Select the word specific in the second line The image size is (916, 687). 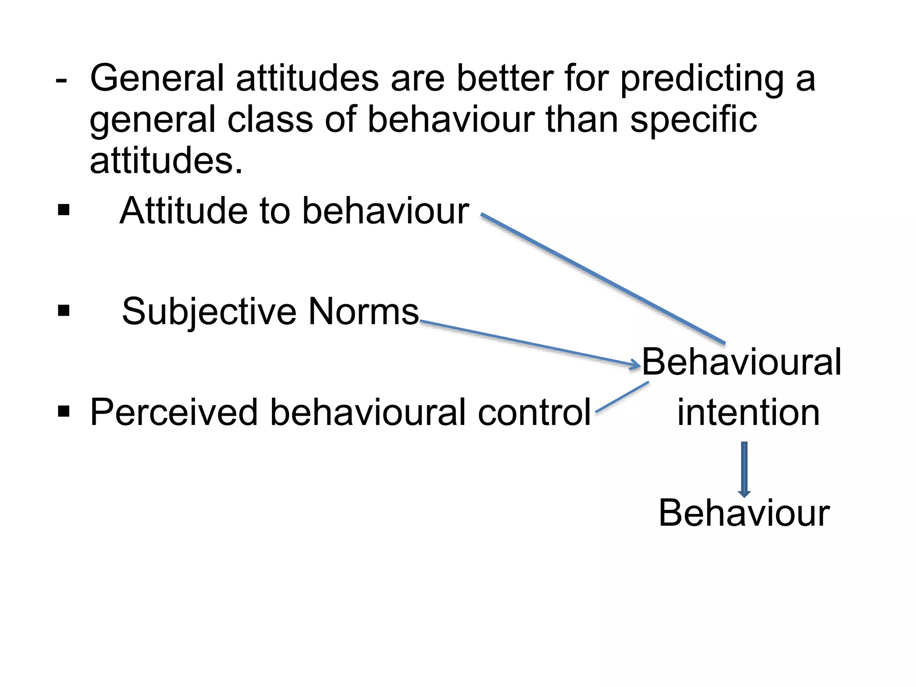pos(693,121)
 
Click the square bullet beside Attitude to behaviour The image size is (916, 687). pos(64,210)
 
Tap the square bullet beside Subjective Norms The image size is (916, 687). pos(64,310)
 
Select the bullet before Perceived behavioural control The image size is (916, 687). pos(64,411)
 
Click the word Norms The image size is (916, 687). pos(363,311)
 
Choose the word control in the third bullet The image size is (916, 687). pos(534,412)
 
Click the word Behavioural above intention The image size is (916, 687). pos(742,362)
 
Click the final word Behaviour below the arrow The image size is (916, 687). pos(744,513)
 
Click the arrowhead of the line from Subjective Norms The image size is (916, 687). pos(636,365)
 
